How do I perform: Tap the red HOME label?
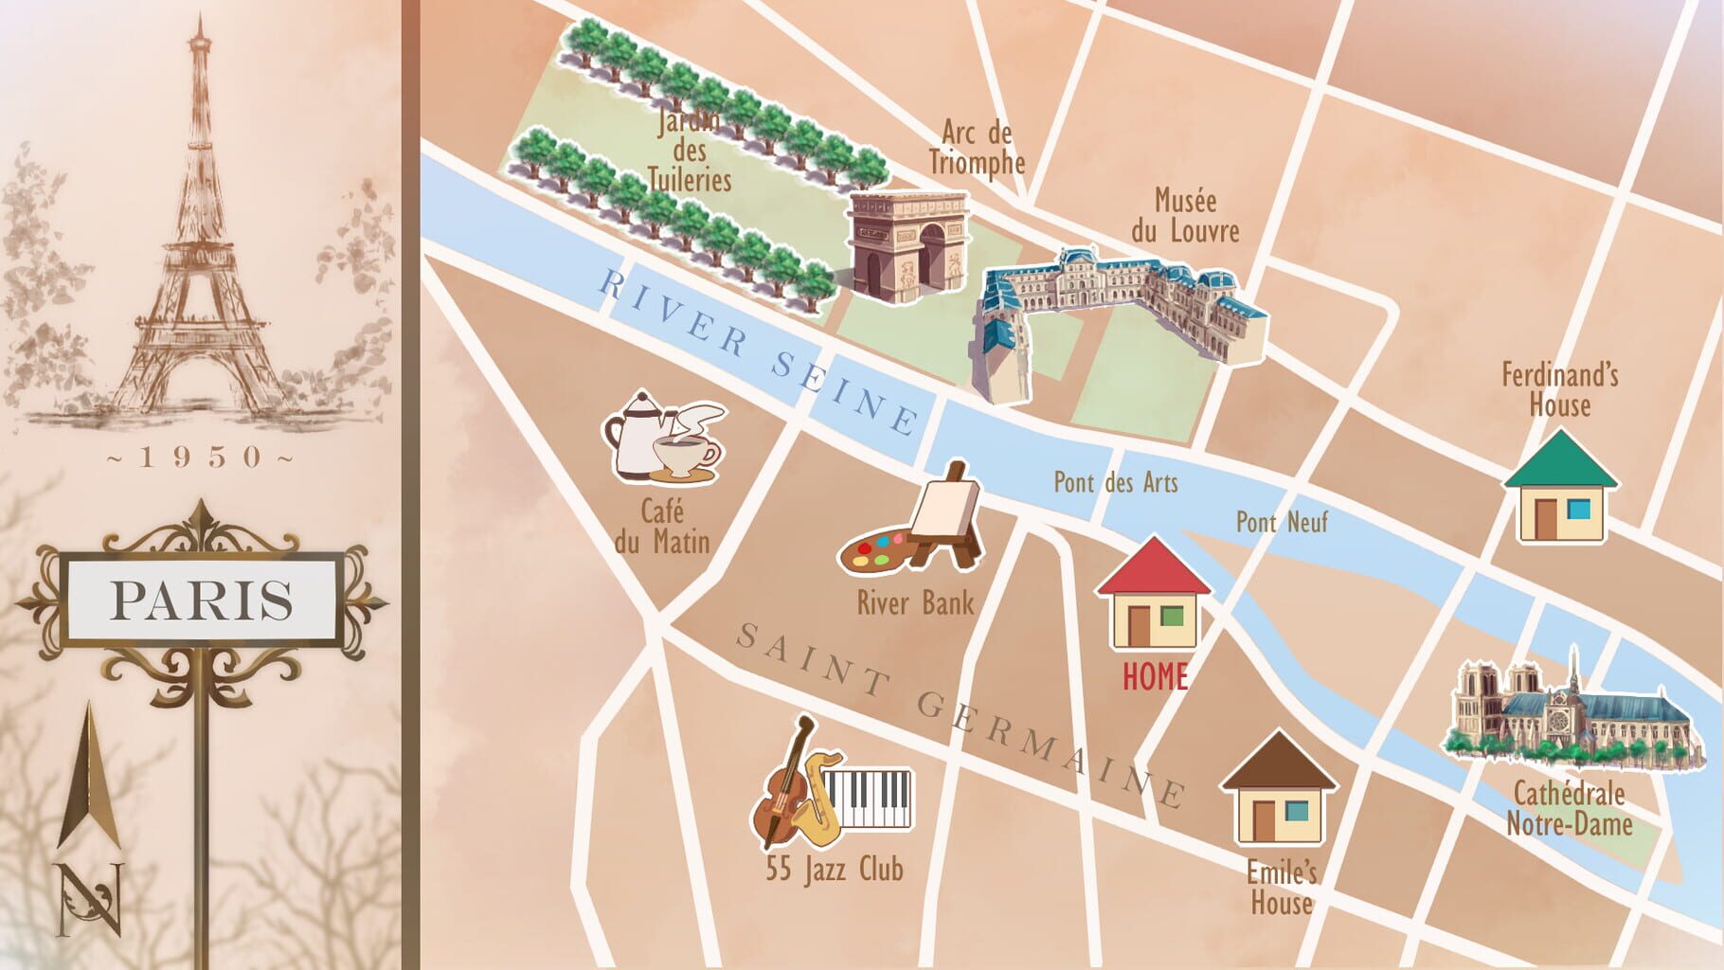click(x=1155, y=676)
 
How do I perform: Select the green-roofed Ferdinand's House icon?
click(x=1561, y=488)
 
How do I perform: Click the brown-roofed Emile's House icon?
click(x=1278, y=789)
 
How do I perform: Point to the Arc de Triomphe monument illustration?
click(x=907, y=245)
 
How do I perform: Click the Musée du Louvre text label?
click(x=1185, y=216)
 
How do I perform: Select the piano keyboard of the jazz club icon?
click(x=867, y=798)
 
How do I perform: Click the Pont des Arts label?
click(x=1116, y=482)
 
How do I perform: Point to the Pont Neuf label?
click(x=1282, y=521)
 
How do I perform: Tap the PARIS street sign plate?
click(x=201, y=601)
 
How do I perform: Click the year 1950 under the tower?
click(x=201, y=458)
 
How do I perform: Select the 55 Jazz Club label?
click(x=835, y=869)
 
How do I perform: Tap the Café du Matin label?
click(x=662, y=527)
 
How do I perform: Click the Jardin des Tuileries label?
click(x=690, y=152)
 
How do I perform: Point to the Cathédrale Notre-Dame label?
click(x=1569, y=808)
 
